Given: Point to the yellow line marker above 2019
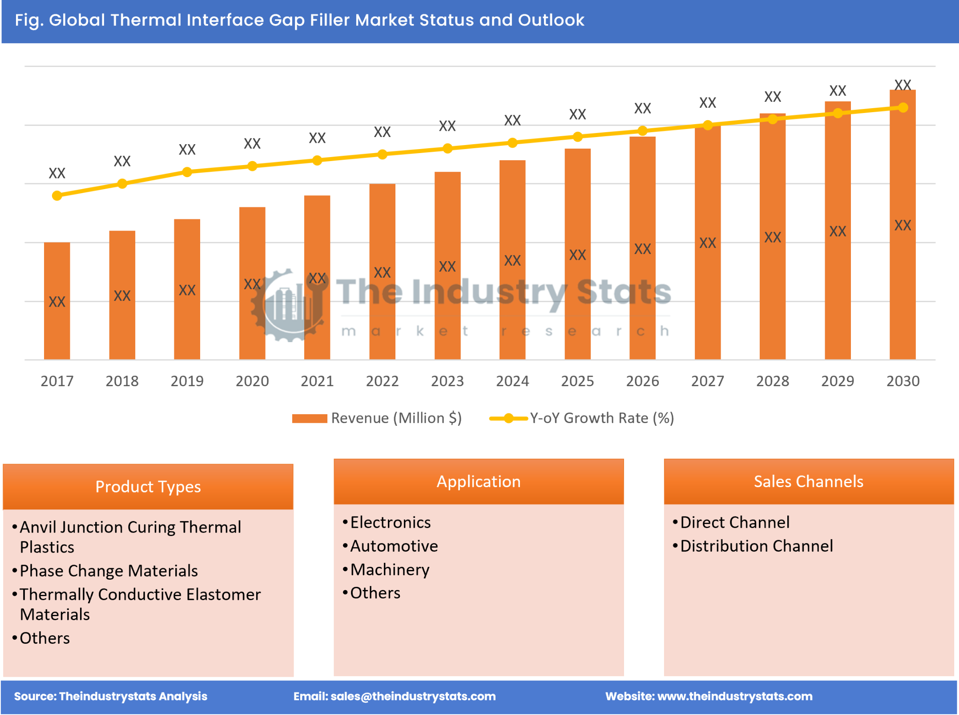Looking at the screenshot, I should tap(187, 172).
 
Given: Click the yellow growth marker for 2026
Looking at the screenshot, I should tap(642, 130).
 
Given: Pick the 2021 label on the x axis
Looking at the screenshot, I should tap(317, 381).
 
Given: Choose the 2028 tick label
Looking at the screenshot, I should tap(772, 381).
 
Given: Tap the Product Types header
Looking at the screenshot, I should tap(148, 487).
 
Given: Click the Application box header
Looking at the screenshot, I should tap(478, 481).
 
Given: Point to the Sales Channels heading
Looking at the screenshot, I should tap(808, 481).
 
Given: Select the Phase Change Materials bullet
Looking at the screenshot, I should tap(109, 571).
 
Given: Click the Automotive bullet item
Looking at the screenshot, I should tap(394, 546).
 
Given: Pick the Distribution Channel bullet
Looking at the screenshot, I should tap(756, 546).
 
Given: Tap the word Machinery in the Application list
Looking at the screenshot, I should tap(390, 570).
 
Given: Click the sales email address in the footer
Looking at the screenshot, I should tap(413, 696).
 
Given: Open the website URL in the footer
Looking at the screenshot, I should tap(734, 696).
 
